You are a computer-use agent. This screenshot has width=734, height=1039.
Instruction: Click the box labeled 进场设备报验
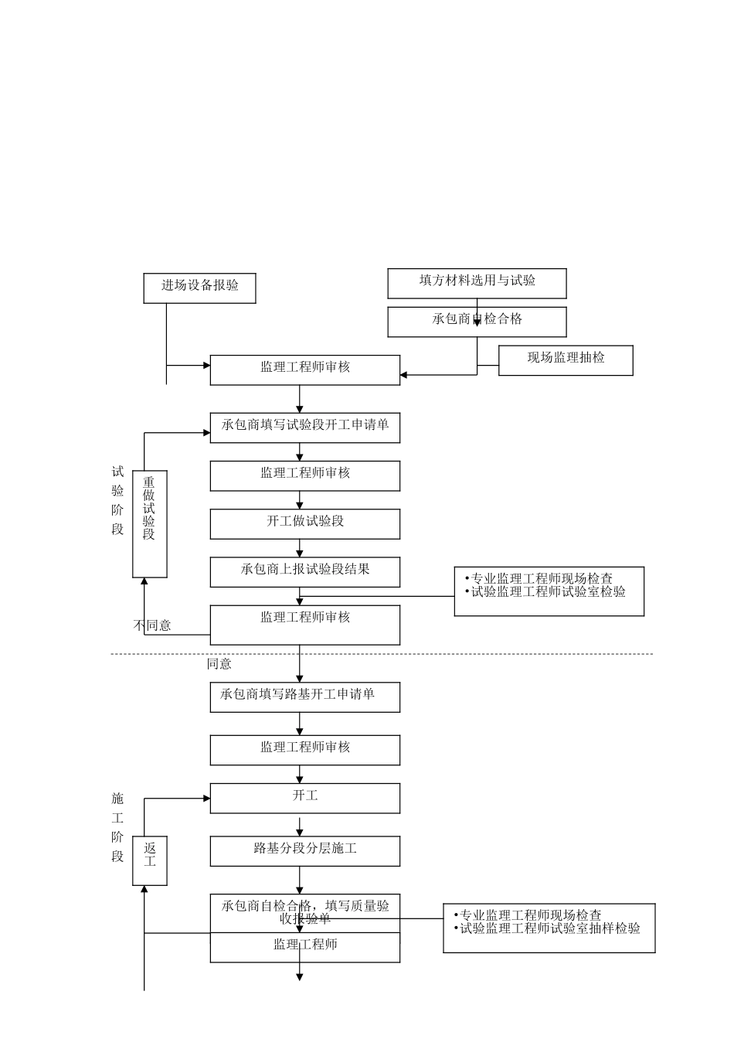(199, 288)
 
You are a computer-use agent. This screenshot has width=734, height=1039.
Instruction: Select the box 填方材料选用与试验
(477, 283)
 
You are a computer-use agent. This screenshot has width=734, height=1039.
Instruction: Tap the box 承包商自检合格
(477, 322)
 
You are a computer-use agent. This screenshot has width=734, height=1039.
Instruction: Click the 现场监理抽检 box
(566, 360)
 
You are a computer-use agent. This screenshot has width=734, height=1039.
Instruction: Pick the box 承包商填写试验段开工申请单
(305, 428)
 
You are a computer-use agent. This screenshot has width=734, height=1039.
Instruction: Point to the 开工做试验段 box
(305, 523)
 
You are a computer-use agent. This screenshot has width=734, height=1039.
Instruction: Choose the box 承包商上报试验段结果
(305, 571)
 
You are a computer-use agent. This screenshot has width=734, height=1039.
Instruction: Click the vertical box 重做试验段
(150, 523)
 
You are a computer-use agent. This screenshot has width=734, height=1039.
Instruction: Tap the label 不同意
(153, 625)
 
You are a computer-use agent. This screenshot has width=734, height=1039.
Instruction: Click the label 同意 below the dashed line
(219, 664)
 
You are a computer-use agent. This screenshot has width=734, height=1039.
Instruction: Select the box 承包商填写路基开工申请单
(305, 697)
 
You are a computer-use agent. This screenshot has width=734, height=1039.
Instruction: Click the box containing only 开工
(305, 798)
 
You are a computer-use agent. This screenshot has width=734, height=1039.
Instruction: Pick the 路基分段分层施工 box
(305, 850)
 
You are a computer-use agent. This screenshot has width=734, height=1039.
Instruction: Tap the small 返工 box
(150, 860)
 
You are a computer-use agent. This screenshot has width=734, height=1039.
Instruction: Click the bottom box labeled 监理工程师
(305, 947)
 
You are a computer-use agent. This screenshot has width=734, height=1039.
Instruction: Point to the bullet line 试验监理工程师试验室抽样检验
(549, 928)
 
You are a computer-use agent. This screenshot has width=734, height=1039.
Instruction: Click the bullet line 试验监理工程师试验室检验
(548, 592)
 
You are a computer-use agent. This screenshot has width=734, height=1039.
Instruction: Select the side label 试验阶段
(117, 500)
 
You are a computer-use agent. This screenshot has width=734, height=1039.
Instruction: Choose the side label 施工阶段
(117, 827)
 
